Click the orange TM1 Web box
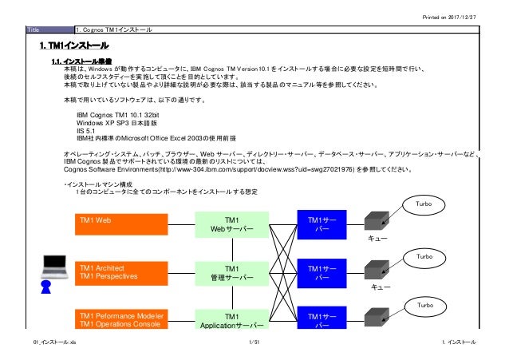tap(122, 225)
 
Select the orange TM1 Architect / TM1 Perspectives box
tap(122, 271)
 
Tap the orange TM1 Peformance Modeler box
tap(122, 318)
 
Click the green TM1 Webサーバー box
tap(231, 225)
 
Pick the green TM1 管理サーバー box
tap(231, 273)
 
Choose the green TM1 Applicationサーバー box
tap(231, 319)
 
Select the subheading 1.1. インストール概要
tap(87, 61)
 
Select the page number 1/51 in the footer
tap(254, 342)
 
